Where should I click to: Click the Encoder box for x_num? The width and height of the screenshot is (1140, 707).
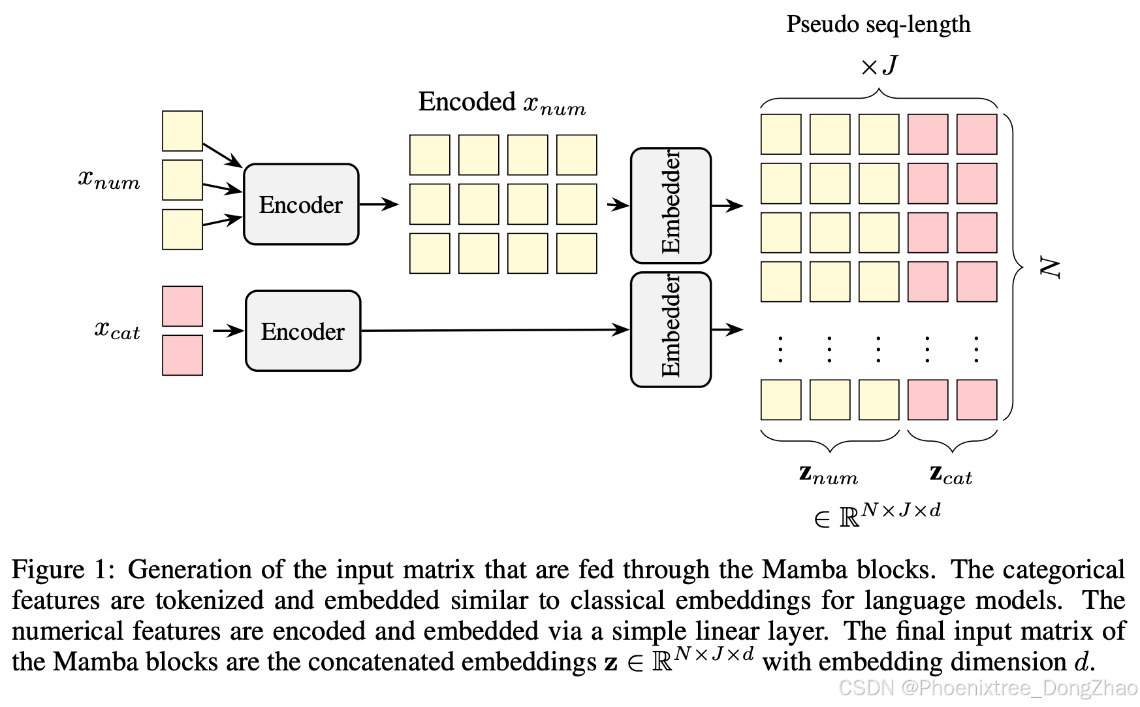(x=301, y=205)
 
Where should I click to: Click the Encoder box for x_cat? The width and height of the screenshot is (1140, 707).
(x=303, y=331)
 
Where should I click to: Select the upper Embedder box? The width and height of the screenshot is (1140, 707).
(x=671, y=205)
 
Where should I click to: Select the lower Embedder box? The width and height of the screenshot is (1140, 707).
(x=671, y=329)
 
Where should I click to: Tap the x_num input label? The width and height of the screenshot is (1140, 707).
(x=109, y=179)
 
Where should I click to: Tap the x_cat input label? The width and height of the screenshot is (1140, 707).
(x=117, y=330)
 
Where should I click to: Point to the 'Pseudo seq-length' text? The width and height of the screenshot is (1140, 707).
(x=878, y=24)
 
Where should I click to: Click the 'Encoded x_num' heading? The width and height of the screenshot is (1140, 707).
(x=501, y=103)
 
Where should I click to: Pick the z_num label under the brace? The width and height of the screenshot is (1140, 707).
(x=829, y=474)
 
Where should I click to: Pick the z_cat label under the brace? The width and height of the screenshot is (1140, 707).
(x=951, y=474)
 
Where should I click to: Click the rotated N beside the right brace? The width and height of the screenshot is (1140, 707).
(x=1050, y=268)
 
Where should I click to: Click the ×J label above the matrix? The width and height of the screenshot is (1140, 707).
(x=879, y=66)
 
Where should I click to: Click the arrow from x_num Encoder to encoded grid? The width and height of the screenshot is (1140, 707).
(x=379, y=205)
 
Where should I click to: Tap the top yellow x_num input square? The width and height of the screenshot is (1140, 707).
(x=182, y=131)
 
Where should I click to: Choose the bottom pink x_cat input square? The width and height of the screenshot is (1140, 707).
(x=182, y=355)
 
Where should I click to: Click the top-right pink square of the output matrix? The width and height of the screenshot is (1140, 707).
(x=977, y=135)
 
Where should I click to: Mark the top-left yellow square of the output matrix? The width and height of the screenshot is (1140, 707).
(x=781, y=135)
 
